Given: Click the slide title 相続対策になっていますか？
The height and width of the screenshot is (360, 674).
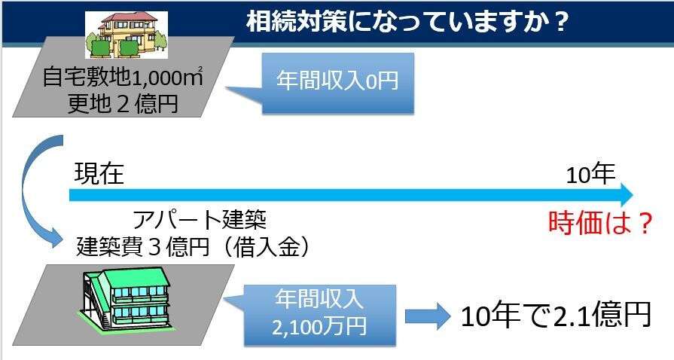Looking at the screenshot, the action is [407, 22].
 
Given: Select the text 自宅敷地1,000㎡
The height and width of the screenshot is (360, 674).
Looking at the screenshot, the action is [124, 77].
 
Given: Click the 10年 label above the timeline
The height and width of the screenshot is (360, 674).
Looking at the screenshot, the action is [591, 175].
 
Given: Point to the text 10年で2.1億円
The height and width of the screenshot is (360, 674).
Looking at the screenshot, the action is [555, 316].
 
